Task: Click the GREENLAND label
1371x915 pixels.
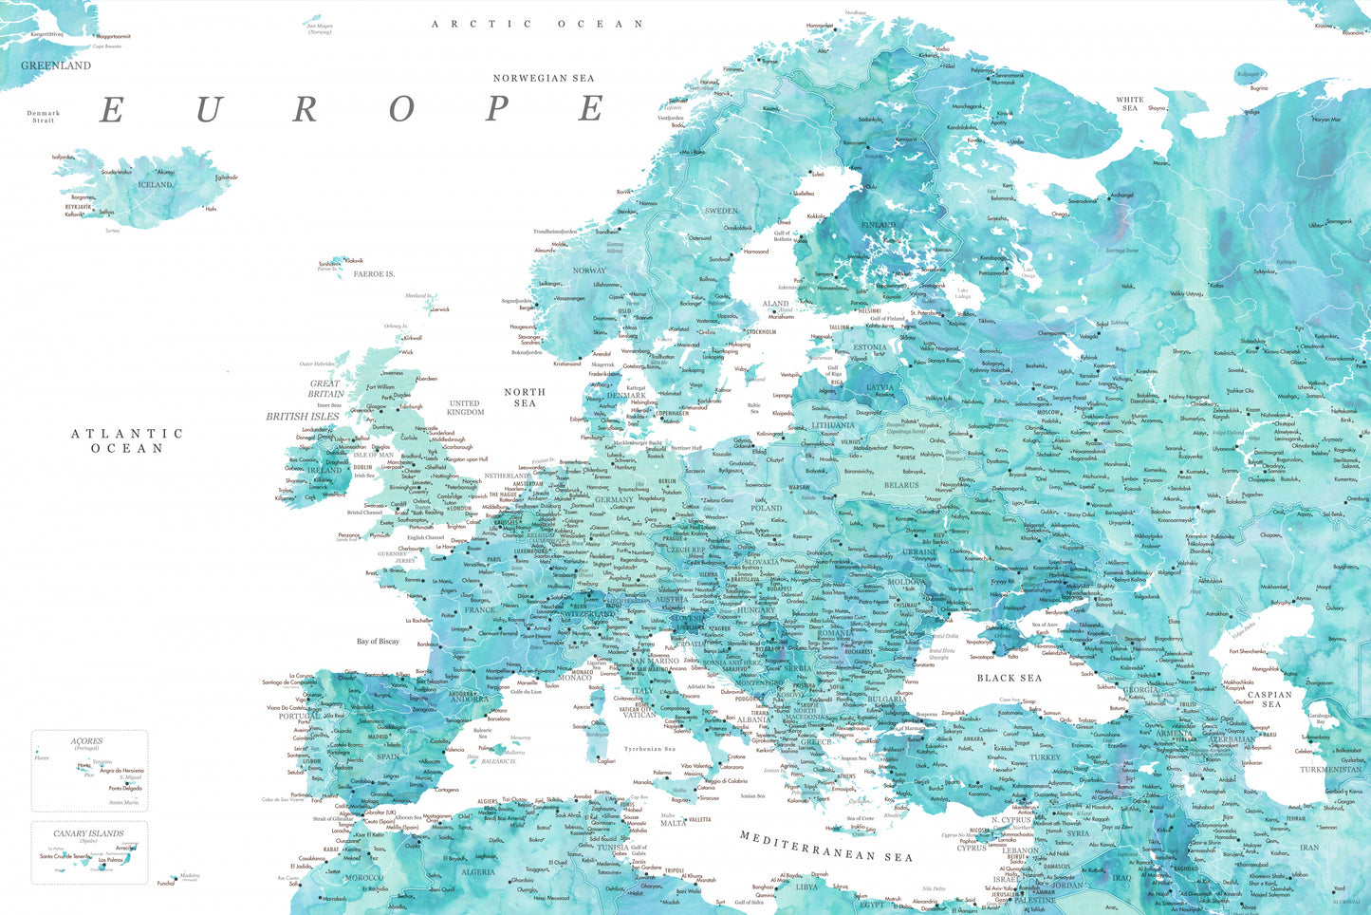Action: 56,65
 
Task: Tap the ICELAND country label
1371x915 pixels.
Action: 156,184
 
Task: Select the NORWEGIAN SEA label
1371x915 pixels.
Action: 544,78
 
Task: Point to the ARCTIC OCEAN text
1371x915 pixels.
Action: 538,24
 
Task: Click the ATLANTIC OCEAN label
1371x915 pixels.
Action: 127,440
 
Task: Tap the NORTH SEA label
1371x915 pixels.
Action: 525,397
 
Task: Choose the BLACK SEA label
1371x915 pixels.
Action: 1010,678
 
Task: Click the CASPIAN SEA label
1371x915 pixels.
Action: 1270,699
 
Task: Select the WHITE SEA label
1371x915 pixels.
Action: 1130,103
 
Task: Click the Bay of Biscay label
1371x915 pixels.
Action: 378,642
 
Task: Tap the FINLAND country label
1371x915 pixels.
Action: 879,225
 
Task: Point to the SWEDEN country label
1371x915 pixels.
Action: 721,211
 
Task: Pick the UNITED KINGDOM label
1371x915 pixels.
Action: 465,407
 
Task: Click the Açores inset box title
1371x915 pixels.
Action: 86,740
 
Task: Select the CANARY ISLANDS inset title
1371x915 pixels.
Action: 88,833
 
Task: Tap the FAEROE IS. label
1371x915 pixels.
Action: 374,274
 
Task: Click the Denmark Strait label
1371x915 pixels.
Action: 44,117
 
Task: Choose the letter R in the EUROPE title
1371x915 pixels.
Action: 305,109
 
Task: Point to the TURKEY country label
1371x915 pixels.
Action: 1046,757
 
